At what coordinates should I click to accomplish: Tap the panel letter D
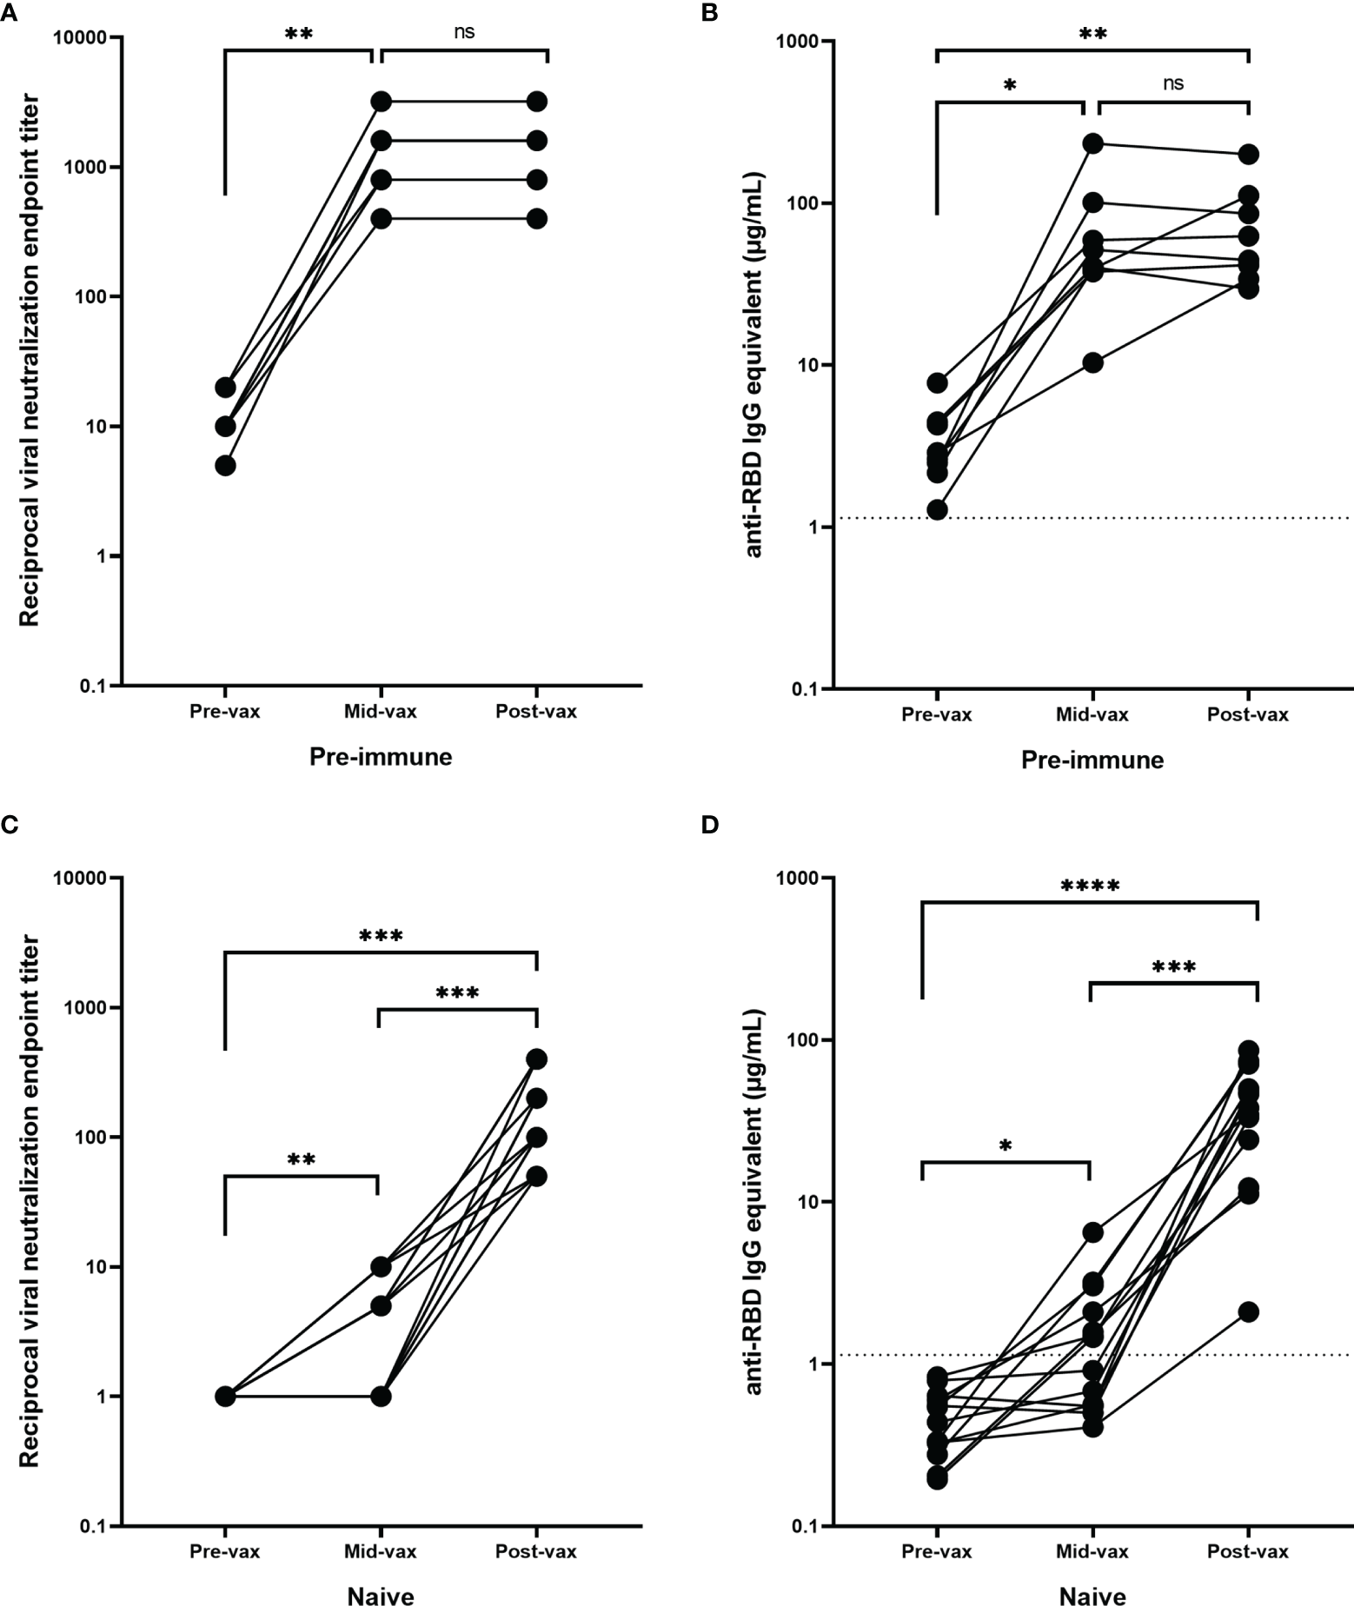(711, 824)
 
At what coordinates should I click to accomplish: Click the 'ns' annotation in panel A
(464, 33)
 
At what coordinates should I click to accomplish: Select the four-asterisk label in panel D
(1090, 887)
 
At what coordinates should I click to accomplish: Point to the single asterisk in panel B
(1009, 86)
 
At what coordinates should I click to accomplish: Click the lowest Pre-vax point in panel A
(225, 465)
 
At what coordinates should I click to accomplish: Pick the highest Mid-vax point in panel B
(1092, 143)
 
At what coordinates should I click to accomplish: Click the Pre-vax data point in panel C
(225, 1397)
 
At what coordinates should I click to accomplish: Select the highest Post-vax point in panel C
(537, 1058)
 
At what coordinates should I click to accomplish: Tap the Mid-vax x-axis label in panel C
(380, 1551)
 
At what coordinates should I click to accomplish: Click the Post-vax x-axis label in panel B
(1248, 714)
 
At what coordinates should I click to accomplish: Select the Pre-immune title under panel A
(381, 757)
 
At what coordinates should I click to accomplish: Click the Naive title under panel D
(1092, 1596)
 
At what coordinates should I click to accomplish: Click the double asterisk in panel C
(301, 1159)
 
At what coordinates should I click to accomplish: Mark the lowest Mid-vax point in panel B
(1092, 362)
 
